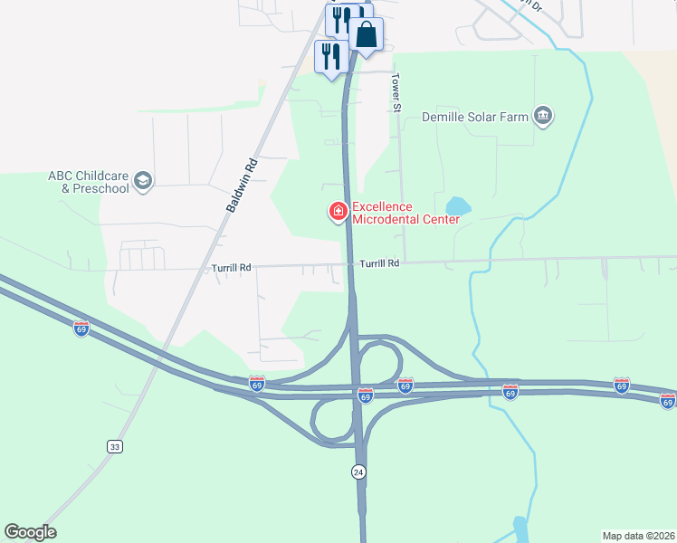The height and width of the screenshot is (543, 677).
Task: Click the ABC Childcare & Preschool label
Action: (x=89, y=182)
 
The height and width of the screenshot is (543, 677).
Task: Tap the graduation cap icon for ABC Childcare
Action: (x=143, y=182)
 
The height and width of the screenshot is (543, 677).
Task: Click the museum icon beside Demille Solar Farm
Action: (x=543, y=116)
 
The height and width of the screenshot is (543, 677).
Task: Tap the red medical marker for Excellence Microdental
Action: (x=338, y=212)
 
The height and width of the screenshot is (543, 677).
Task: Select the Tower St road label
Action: (x=396, y=94)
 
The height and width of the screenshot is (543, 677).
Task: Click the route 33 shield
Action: (x=114, y=446)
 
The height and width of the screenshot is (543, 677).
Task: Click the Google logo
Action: (x=30, y=532)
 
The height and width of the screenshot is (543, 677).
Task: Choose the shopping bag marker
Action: (x=367, y=35)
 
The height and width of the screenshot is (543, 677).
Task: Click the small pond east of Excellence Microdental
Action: (x=457, y=207)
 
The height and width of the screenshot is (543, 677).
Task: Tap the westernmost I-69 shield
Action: (x=81, y=328)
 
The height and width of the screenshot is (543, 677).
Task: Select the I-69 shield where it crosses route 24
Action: (x=365, y=395)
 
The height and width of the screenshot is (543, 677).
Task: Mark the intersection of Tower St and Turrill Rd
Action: (x=404, y=263)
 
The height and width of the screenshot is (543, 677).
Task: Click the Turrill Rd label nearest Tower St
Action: (x=379, y=263)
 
